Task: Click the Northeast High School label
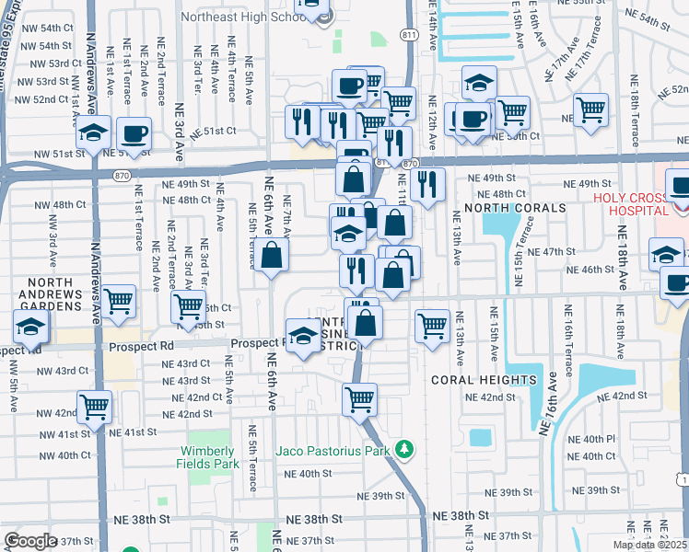click(244, 17)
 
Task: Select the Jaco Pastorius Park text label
click(333, 451)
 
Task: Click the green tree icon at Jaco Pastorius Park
click(403, 449)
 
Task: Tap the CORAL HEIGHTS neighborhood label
click(483, 379)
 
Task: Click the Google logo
click(30, 540)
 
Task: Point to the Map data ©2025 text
click(648, 545)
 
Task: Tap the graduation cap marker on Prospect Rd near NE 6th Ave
click(303, 337)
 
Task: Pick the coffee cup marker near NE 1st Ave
click(134, 133)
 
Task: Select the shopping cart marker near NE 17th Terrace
click(590, 110)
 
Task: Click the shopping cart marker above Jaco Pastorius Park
click(359, 399)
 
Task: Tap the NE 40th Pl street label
click(598, 438)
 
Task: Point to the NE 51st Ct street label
click(214, 132)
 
